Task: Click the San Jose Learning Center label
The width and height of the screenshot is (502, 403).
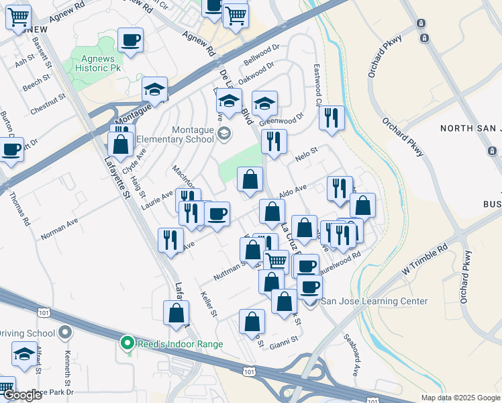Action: coord(374,301)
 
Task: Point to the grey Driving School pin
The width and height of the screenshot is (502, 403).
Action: coord(65,332)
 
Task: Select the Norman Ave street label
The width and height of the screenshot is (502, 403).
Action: coord(59,228)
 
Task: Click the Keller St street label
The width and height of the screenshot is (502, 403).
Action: coord(209,304)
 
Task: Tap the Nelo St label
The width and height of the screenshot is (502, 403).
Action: coord(305,159)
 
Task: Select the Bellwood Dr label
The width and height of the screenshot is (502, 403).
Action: coord(261,56)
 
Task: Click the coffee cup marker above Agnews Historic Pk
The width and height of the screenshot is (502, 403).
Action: coord(130,40)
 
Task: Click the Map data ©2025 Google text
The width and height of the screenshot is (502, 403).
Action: coord(460,398)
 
